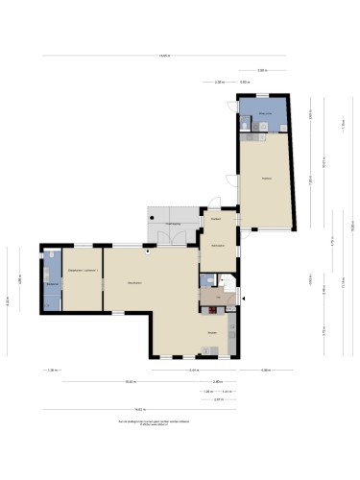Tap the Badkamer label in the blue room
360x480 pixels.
point(50,283)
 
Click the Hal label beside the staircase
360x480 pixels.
point(220,299)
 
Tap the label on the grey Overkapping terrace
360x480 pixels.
point(173,224)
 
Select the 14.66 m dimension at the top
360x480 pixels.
point(164,56)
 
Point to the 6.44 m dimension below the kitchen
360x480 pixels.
point(193,371)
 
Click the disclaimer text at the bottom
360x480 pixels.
point(155,423)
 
